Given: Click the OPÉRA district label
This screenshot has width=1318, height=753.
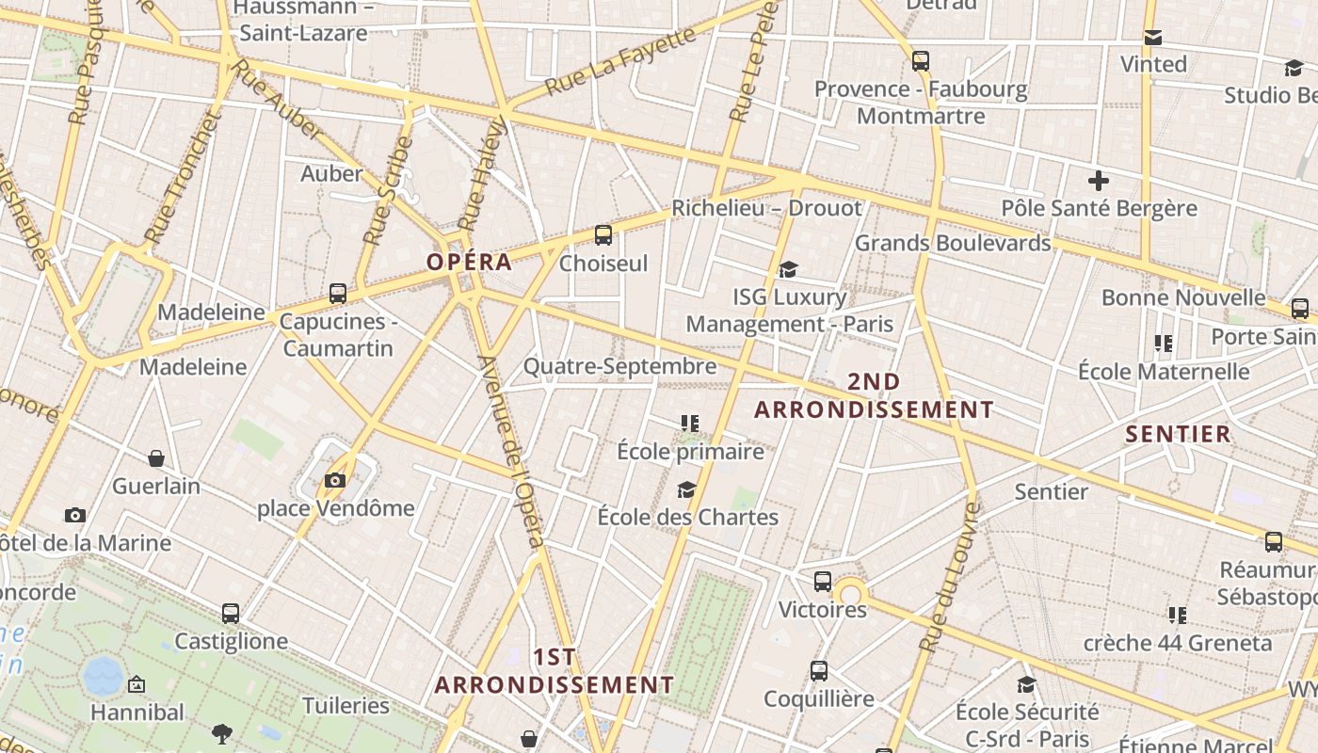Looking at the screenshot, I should [470, 262].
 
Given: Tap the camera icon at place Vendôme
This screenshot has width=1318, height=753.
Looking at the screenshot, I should [334, 481].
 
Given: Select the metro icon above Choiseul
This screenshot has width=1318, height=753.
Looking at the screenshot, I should [603, 235].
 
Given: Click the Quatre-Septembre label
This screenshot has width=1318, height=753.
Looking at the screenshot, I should [619, 366].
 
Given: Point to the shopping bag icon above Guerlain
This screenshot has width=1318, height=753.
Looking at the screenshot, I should [156, 458].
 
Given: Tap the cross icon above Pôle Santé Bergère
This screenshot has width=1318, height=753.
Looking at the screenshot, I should [1098, 181].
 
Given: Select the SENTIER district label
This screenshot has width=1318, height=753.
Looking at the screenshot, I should [1178, 434].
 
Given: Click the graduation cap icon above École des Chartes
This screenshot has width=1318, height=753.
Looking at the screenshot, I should [687, 489].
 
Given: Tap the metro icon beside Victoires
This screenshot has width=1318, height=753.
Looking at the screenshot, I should [823, 582].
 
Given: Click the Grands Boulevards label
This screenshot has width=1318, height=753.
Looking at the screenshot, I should [952, 243].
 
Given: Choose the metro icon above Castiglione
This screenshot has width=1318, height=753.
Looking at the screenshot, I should [231, 614].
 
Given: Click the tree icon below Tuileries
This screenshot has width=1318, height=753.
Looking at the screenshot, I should [222, 733].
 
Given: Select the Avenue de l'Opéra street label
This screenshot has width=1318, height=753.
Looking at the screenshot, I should [511, 451].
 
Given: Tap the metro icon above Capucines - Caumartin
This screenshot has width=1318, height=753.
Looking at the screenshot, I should [338, 294].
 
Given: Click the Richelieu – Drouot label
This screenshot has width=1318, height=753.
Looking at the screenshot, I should [766, 208].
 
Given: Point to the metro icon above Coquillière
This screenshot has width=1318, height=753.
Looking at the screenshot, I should [819, 671].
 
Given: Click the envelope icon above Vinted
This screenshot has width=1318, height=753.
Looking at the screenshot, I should [1153, 38].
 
